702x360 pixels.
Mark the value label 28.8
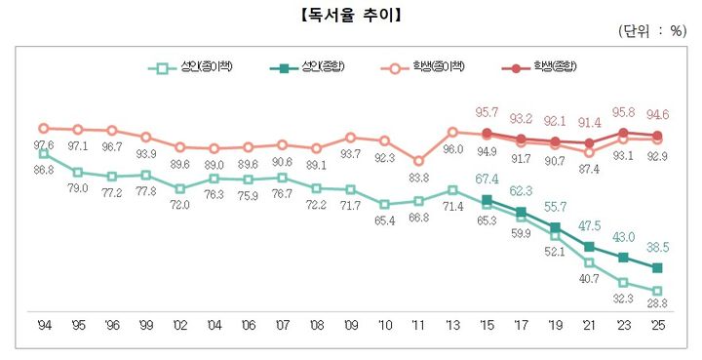(x=657, y=306)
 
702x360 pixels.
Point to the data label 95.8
(x=623, y=112)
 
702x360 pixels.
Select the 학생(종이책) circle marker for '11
(x=418, y=161)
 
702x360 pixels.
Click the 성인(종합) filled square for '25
(x=657, y=267)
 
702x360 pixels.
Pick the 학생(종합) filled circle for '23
(x=623, y=132)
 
